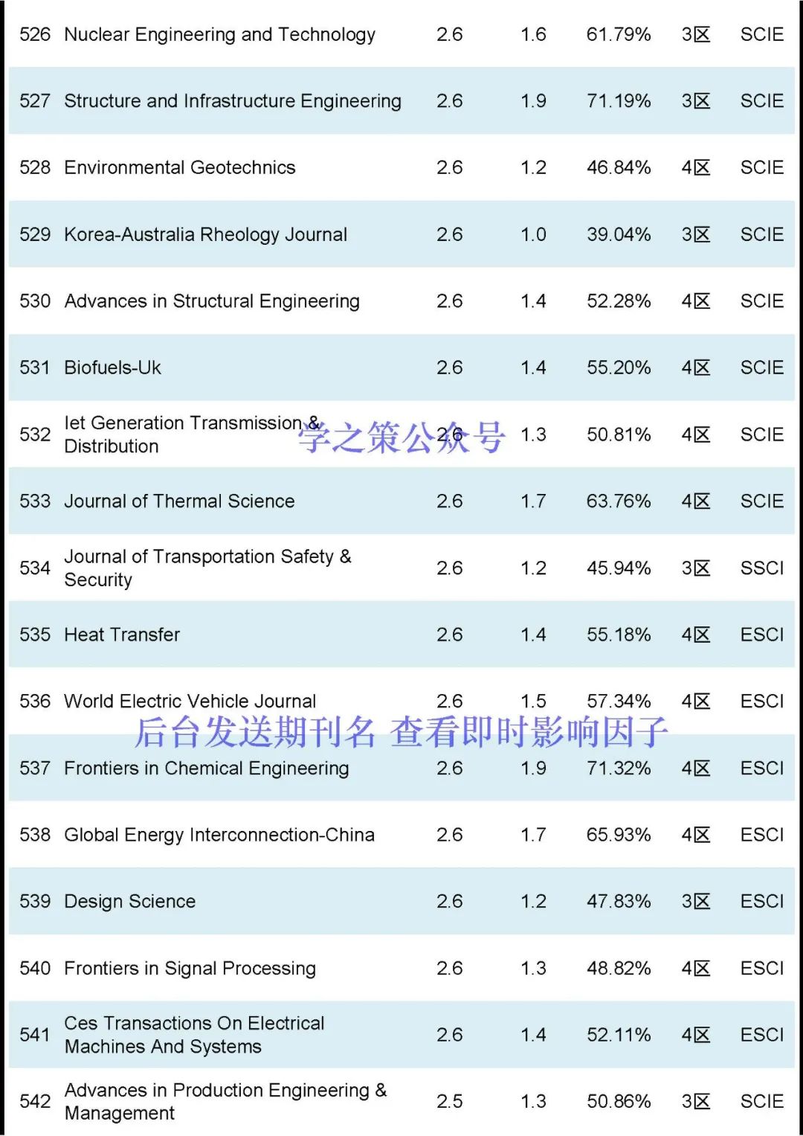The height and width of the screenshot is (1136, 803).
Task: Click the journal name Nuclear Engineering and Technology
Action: click(219, 34)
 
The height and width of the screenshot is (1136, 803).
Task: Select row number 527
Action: click(35, 101)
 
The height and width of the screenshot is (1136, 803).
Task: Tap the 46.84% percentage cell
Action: click(618, 167)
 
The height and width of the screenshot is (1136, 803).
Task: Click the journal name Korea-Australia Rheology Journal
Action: click(205, 234)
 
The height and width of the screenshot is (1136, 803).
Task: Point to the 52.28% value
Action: click(618, 301)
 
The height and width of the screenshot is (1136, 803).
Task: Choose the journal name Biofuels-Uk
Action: click(112, 368)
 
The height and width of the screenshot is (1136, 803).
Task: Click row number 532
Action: click(35, 434)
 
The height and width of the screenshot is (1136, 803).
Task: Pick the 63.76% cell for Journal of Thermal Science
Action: click(618, 501)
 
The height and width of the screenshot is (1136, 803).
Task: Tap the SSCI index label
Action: click(761, 568)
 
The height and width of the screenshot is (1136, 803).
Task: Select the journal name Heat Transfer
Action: click(122, 635)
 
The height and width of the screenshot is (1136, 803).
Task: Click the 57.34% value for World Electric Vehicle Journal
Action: click(618, 701)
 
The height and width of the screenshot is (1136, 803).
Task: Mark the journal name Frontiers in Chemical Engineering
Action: click(206, 768)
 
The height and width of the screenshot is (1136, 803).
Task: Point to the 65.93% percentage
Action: click(618, 835)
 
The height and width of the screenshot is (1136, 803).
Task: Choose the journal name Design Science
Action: click(129, 901)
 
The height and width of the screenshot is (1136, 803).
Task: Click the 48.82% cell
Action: click(618, 968)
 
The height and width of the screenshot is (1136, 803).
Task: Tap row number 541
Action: click(35, 1035)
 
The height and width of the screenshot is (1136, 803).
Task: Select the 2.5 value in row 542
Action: click(449, 1101)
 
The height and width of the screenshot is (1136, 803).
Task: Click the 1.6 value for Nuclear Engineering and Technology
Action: click(533, 34)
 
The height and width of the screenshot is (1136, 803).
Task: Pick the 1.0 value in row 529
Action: click(533, 234)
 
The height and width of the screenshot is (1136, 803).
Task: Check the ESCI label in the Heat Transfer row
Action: click(761, 635)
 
